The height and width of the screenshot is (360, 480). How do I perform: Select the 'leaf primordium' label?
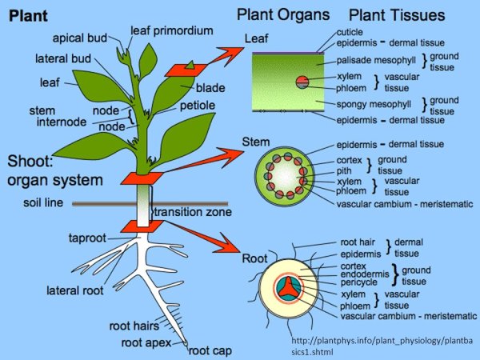(172, 30)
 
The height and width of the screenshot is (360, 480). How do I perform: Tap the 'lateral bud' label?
(62, 59)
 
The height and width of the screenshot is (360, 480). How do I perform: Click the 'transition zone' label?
(192, 212)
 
